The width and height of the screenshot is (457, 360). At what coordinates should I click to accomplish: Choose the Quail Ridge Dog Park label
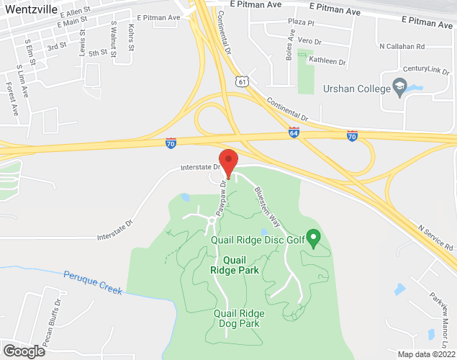point(239,318)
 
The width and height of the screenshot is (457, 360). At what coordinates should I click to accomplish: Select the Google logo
point(24,351)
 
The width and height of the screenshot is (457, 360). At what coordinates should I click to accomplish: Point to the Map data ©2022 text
point(425,354)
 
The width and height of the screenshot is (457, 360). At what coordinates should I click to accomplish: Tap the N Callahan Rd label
point(402,46)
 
